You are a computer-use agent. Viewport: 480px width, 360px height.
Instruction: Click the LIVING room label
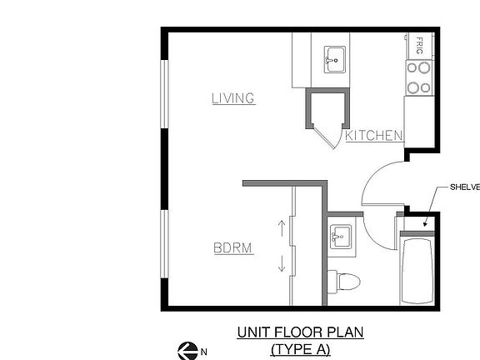(232, 98)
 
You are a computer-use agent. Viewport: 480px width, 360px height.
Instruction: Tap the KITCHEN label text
(374, 135)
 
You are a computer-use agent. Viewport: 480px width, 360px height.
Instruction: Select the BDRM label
(232, 247)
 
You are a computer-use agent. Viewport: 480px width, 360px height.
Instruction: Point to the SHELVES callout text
(464, 187)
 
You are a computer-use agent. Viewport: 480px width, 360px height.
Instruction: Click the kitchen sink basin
(335, 58)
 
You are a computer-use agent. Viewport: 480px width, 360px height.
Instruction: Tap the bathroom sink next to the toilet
(340, 237)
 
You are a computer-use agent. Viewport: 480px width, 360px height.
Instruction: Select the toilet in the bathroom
(345, 281)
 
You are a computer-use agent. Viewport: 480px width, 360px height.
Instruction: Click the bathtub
(416, 270)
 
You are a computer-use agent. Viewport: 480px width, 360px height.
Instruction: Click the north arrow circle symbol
(187, 351)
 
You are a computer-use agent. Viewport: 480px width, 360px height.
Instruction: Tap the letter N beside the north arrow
(203, 352)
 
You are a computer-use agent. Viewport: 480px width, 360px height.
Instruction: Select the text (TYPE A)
(301, 349)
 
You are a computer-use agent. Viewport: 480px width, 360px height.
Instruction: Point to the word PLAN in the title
(347, 332)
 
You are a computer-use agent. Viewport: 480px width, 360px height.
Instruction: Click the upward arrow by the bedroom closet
(282, 228)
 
